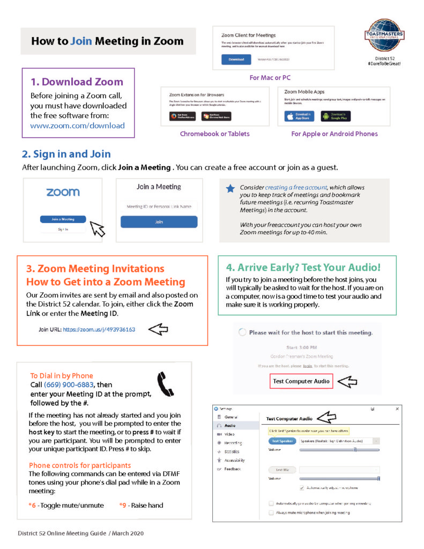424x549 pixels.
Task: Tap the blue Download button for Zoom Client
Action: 236,59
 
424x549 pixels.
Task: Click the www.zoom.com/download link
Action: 77,126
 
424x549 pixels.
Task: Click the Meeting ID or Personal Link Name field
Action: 159,206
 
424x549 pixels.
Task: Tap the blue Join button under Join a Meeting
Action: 159,221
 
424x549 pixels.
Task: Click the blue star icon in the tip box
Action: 230,189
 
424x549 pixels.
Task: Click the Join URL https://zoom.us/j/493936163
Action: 99,330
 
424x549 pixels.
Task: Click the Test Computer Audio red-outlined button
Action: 301,381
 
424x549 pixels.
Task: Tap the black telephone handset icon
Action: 165,384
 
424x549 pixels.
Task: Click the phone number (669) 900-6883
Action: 69,385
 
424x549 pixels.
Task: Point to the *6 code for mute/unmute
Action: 32,505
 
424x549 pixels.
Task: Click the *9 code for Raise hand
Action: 123,505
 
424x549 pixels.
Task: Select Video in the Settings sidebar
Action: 229,434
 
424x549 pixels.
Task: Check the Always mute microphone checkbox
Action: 271,513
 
